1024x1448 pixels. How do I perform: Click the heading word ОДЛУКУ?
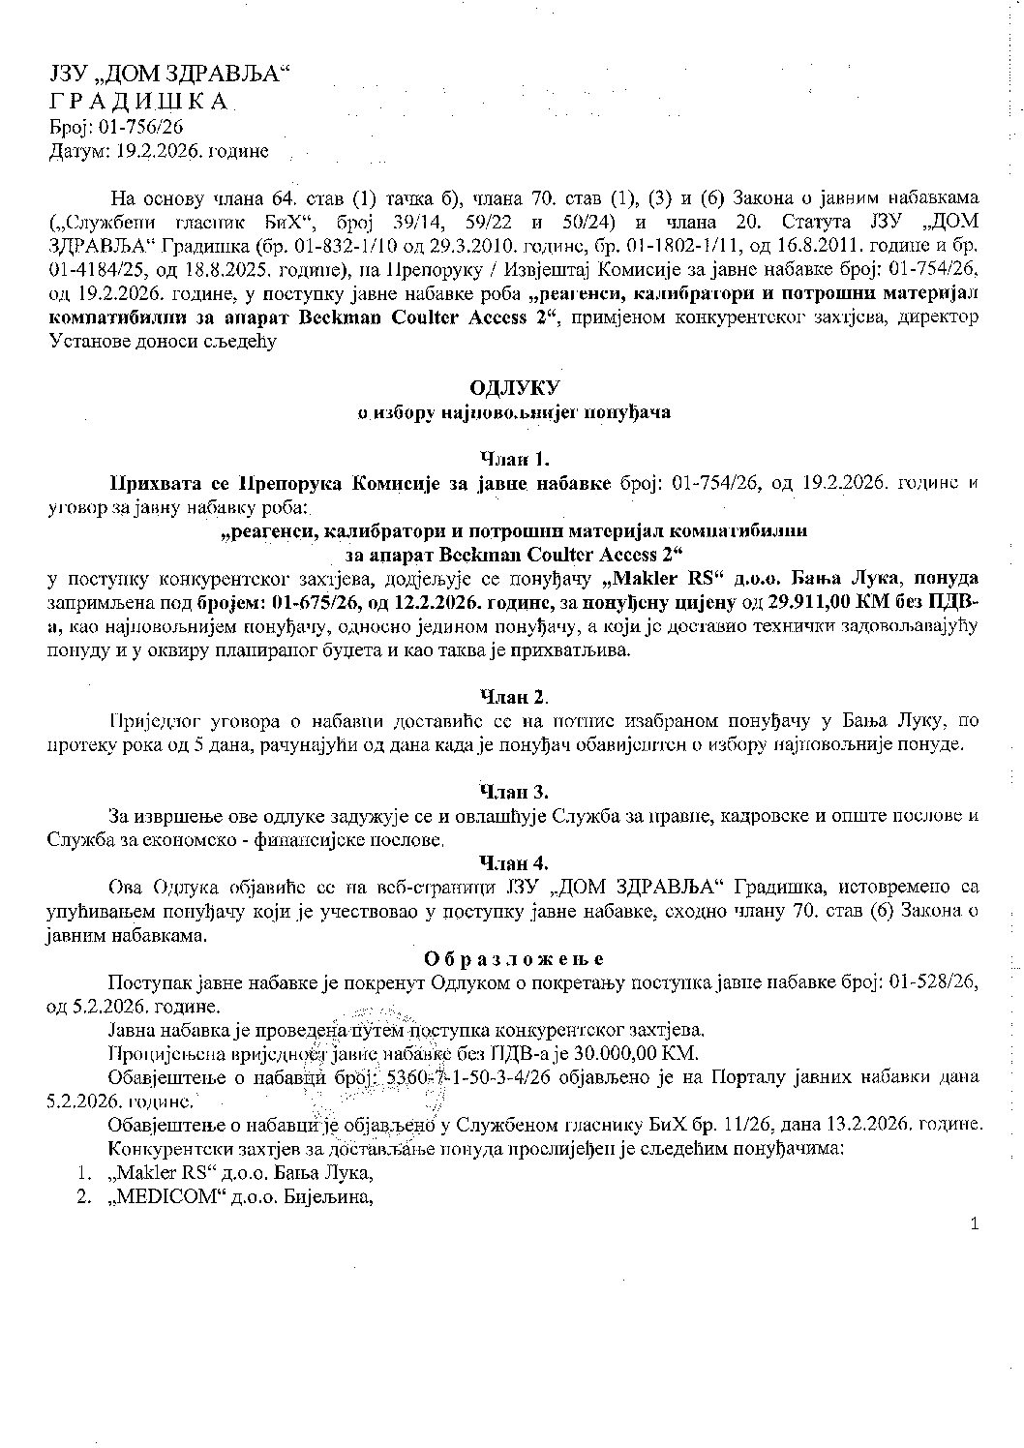tap(514, 388)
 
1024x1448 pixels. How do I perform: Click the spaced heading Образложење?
tap(514, 958)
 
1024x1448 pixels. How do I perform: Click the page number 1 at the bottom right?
tap(974, 1224)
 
